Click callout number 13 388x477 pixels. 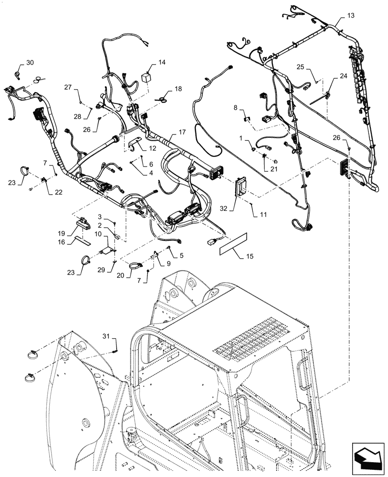[351, 16]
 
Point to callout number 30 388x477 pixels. [30, 62]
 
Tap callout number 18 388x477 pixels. [178, 89]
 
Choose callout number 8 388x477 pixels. [235, 108]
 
